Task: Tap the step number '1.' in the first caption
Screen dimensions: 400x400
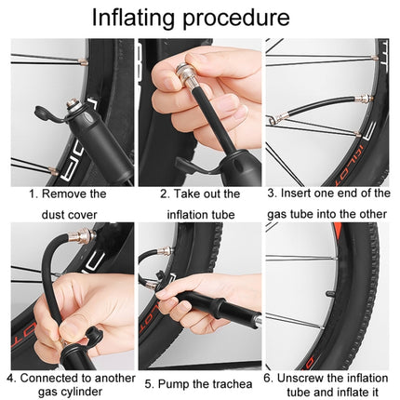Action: (34, 193)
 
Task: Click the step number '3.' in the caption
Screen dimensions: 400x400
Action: (272, 193)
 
